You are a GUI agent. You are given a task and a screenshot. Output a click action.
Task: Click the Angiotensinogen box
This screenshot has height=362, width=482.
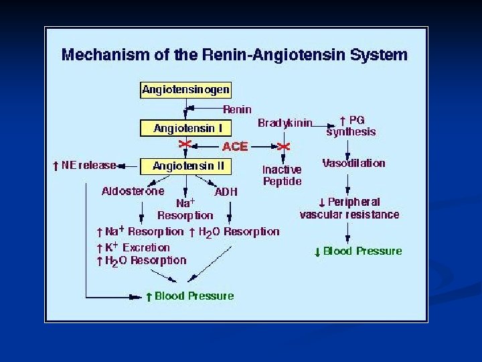click(185, 89)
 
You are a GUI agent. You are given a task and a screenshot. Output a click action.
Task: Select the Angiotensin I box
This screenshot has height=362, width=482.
click(185, 128)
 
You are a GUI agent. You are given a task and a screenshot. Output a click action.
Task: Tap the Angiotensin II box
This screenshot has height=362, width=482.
click(185, 165)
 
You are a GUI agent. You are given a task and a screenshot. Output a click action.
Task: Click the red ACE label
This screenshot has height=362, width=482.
click(235, 146)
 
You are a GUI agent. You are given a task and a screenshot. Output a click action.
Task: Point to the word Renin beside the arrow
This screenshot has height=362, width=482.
click(237, 109)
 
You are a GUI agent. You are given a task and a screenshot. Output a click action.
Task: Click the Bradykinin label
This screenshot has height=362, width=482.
click(285, 123)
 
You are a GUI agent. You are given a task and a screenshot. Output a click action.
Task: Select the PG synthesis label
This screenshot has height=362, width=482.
click(351, 126)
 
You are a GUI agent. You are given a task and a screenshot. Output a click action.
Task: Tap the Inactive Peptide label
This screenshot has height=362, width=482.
click(282, 176)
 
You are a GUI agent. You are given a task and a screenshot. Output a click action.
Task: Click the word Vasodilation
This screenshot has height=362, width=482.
click(353, 163)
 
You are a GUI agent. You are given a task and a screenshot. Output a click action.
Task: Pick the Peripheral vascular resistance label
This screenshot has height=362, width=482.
click(349, 208)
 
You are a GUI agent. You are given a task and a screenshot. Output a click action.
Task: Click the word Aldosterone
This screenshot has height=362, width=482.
click(133, 191)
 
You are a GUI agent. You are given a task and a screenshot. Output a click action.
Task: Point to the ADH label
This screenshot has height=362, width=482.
click(226, 192)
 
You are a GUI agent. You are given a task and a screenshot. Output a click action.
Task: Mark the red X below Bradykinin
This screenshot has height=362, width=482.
click(284, 145)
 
